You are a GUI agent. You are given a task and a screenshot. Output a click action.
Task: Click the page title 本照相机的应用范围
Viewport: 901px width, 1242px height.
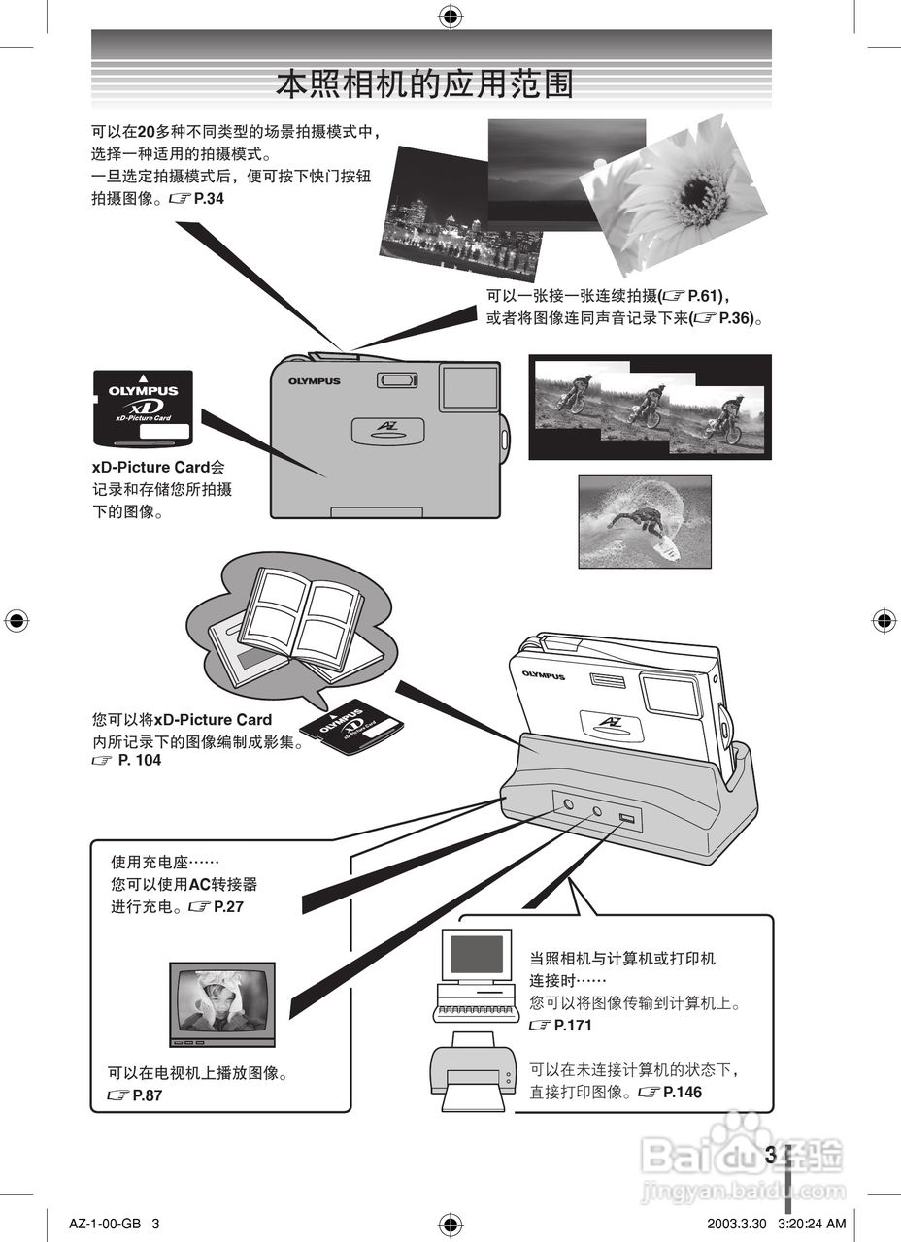[424, 84]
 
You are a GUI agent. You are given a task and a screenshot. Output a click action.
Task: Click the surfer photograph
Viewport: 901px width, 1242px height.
[645, 521]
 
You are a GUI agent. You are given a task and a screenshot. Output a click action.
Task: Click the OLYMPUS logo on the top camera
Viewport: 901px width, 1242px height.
[314, 381]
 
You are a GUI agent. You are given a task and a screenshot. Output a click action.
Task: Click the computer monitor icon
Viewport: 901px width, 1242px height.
[477, 956]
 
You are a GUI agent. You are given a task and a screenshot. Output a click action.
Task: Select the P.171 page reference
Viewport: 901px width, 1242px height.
[570, 1026]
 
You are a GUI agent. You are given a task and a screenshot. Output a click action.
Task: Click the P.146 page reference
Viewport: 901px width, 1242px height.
[681, 1092]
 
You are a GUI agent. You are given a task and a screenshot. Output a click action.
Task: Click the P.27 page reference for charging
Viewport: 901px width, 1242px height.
[226, 905]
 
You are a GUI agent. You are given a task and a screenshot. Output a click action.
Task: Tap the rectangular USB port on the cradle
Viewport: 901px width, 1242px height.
[625, 822]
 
